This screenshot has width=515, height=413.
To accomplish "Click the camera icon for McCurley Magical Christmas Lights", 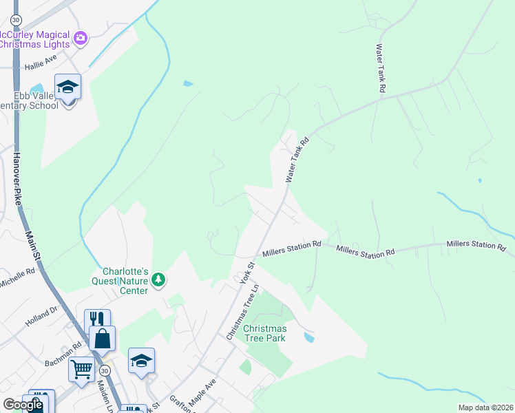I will [81, 38].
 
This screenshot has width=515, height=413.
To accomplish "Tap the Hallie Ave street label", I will [39, 65].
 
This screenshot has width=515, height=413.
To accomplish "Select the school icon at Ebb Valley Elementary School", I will [67, 87].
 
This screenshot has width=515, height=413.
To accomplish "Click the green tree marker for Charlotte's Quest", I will [159, 279].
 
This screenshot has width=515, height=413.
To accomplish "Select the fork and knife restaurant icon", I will [97, 320].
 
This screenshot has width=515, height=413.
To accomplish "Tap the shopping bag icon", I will [102, 339].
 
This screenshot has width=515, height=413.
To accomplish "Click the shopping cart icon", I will [81, 370].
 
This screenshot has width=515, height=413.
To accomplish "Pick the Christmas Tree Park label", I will [264, 333].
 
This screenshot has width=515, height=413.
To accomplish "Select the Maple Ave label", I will [203, 390].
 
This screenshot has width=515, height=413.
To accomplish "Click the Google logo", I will [23, 405].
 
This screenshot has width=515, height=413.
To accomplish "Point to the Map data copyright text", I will [485, 407].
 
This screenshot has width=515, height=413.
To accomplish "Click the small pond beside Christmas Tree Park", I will [309, 338].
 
